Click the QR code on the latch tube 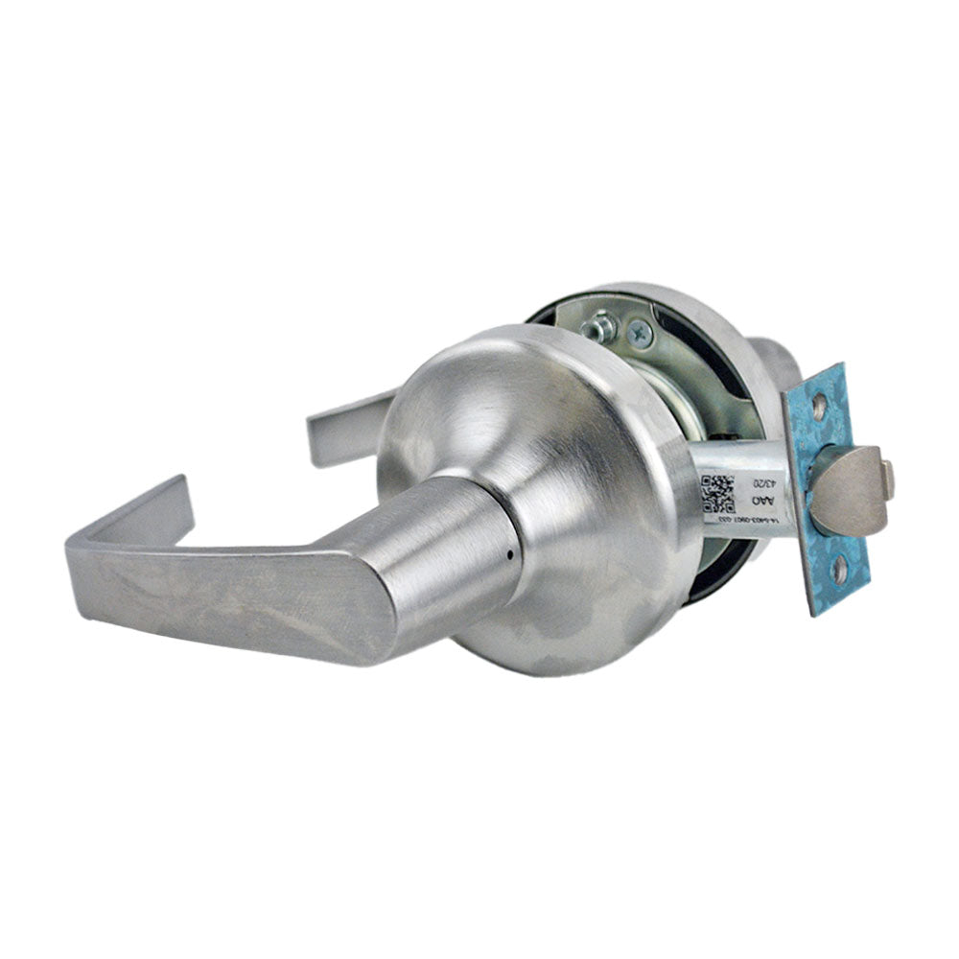(x=717, y=492)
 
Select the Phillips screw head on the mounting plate (x=640, y=334)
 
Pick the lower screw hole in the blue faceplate (x=840, y=573)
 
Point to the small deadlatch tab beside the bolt (x=888, y=479)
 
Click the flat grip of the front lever (x=240, y=595)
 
